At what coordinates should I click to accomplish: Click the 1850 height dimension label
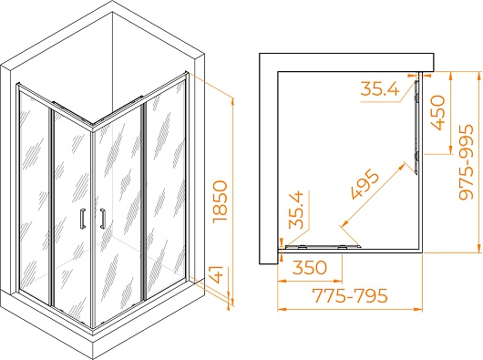(x=220, y=201)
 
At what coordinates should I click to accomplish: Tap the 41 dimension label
(x=218, y=275)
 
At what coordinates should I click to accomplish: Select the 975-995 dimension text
(x=466, y=162)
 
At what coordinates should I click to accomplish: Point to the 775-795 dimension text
(x=350, y=295)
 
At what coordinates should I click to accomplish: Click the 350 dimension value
(x=309, y=267)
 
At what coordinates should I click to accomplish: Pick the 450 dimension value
(x=437, y=112)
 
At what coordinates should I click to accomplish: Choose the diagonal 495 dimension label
(x=365, y=184)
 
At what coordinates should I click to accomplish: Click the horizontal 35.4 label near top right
(x=379, y=88)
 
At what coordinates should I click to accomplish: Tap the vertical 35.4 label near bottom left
(x=296, y=210)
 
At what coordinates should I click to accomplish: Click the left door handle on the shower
(x=83, y=219)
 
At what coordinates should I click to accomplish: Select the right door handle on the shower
(x=102, y=219)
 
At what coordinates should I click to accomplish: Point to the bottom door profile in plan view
(x=323, y=246)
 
